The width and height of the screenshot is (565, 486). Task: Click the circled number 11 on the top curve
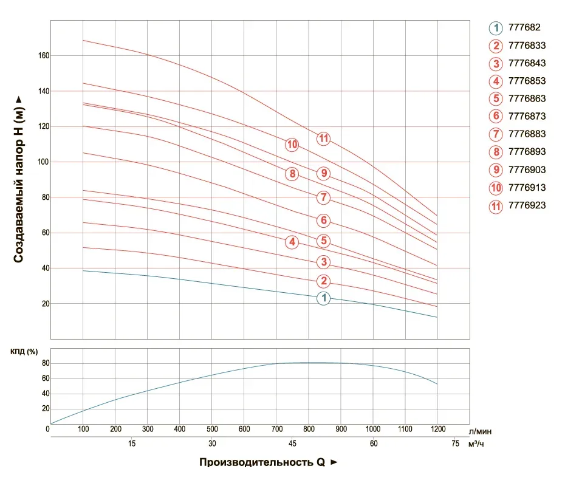pos(323,139)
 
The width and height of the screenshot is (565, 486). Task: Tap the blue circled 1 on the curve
pos(324,298)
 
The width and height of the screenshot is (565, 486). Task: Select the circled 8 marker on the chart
pos(292,174)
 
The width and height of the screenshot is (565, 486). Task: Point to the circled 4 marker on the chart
pos(292,242)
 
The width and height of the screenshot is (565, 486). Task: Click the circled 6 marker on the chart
pos(324,220)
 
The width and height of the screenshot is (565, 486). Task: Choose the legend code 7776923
pos(527,205)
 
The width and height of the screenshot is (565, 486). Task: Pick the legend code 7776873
pos(527,116)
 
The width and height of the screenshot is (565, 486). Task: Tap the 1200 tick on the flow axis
pos(437,430)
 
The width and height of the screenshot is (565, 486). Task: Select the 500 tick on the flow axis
pos(212,430)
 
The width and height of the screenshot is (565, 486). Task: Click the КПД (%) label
pos(25,352)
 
